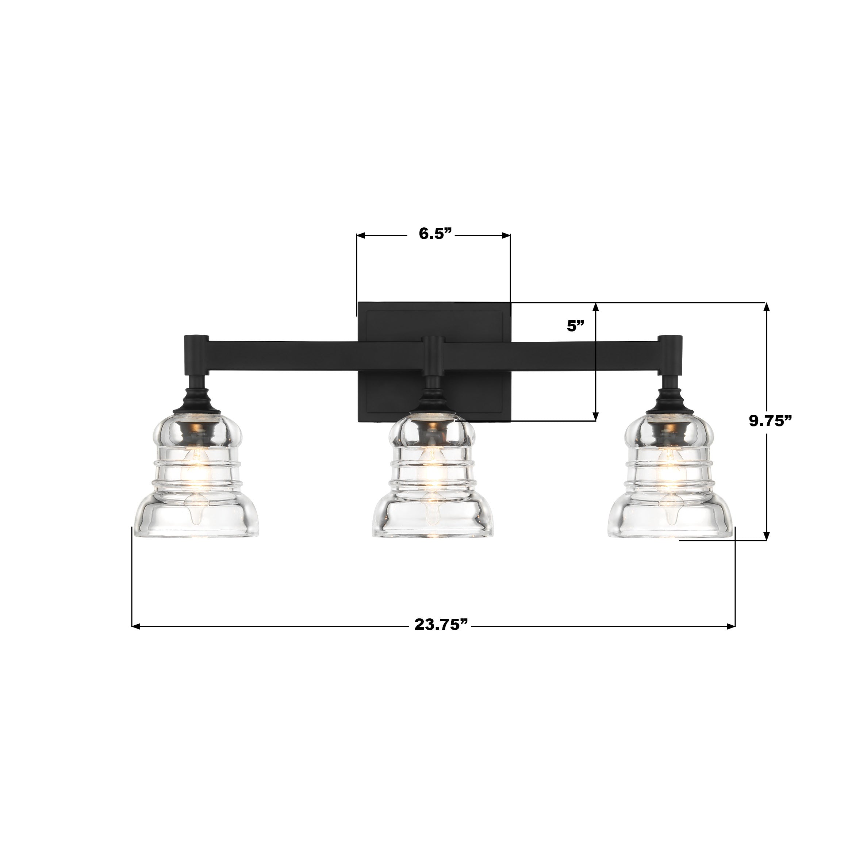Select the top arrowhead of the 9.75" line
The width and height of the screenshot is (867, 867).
point(767,307)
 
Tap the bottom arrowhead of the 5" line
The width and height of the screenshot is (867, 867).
point(596,417)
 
